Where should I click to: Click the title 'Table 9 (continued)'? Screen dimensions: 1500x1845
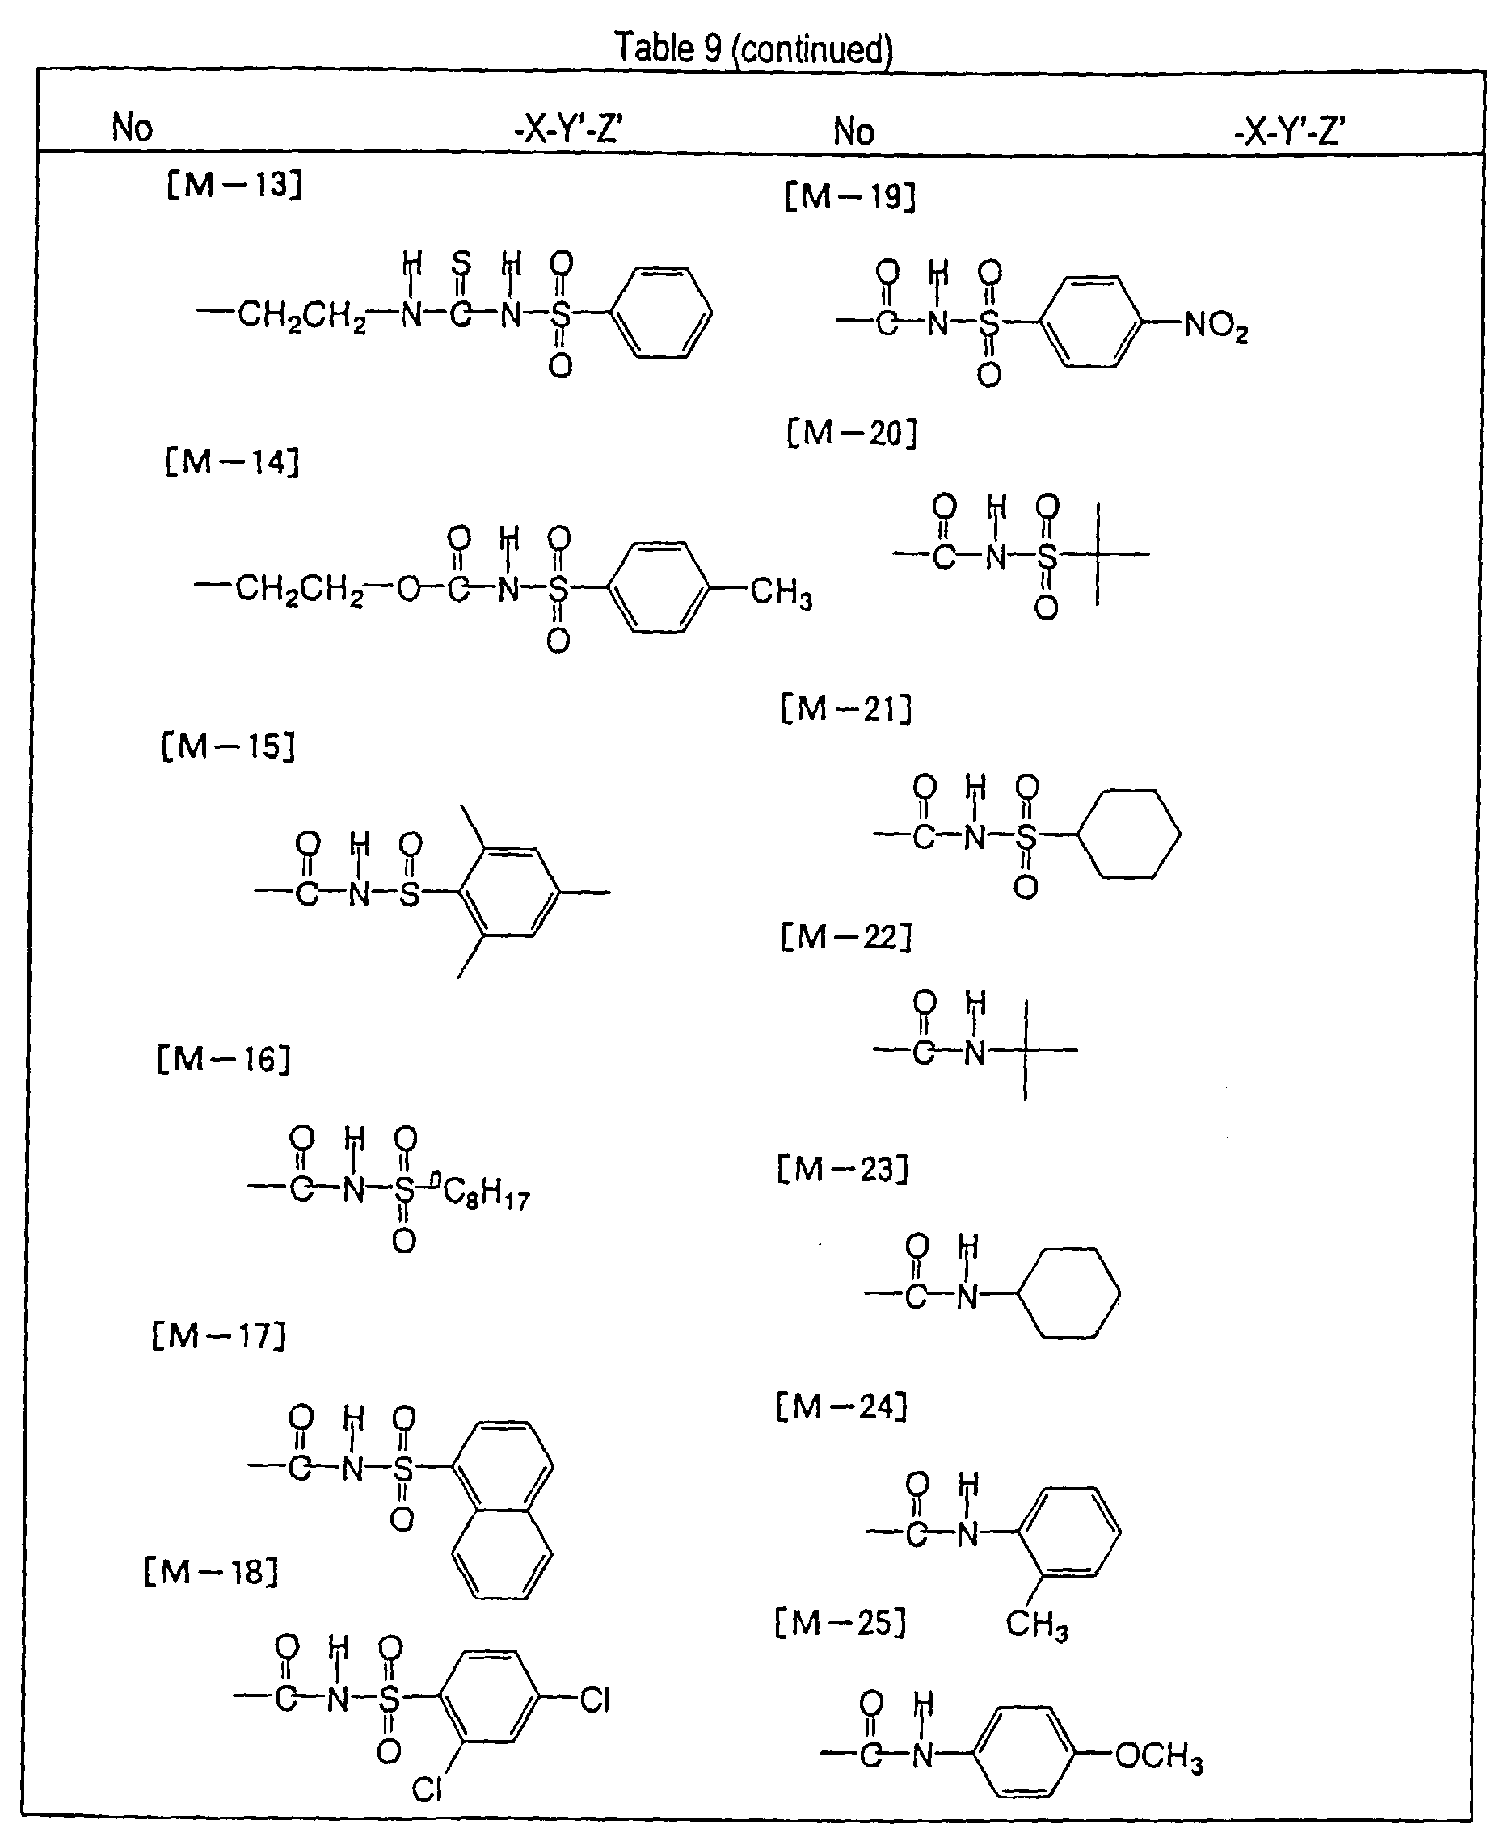[x=752, y=48]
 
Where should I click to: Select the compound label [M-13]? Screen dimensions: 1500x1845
[x=234, y=184]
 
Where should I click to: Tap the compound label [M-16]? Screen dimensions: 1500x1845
[x=224, y=1059]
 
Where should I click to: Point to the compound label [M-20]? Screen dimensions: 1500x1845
[x=851, y=432]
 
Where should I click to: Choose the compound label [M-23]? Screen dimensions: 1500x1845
[x=842, y=1170]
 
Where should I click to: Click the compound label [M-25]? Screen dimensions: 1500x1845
[x=840, y=1623]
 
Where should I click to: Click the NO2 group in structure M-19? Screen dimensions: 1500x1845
[x=1216, y=326]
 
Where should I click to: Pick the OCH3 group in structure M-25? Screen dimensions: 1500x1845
[x=1159, y=1757]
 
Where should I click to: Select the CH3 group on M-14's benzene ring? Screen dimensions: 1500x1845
[x=780, y=594]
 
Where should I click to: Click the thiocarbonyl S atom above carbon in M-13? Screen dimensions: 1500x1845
[x=461, y=263]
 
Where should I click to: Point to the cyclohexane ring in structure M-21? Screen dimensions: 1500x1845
[x=1129, y=834]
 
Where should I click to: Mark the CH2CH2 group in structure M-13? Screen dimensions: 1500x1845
[x=301, y=315]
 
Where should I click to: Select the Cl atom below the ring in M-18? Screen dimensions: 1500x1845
[x=427, y=1790]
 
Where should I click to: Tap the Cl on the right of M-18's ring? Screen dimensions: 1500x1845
[x=595, y=1700]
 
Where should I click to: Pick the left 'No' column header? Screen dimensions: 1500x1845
[x=133, y=128]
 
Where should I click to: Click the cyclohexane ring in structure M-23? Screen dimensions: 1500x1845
[x=1070, y=1293]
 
